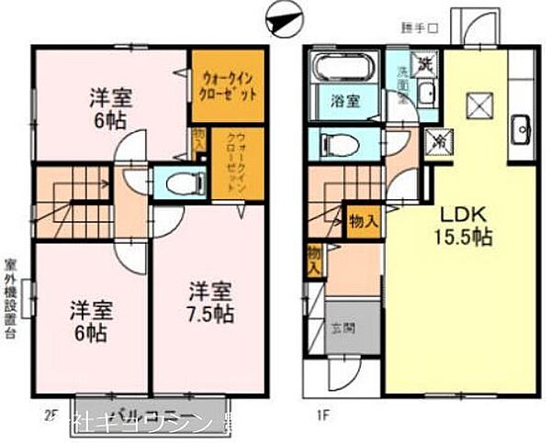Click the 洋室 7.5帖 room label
[x=211, y=303]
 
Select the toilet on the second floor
[x=184, y=182]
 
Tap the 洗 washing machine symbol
[x=424, y=65]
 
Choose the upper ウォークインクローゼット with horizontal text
[x=229, y=84]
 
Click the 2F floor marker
[x=48, y=415]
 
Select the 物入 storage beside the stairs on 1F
[x=364, y=220]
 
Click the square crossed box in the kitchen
[x=479, y=106]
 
